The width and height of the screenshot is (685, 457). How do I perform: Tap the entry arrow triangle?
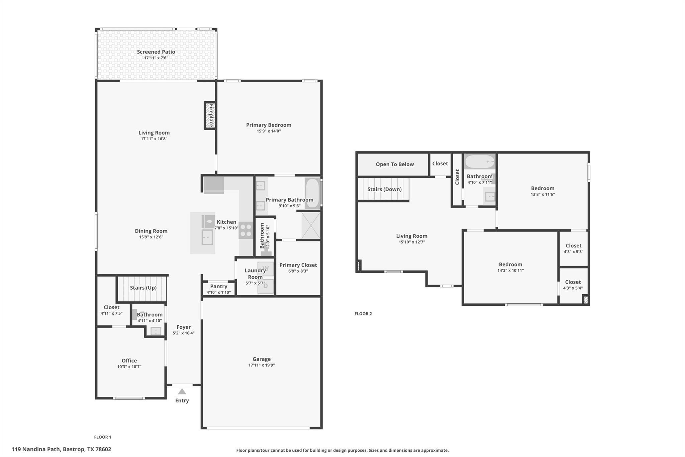point(182,391)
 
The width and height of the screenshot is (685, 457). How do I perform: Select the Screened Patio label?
point(156,52)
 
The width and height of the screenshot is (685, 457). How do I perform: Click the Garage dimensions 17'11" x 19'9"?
point(262,365)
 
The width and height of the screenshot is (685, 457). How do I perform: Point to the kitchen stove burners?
point(246,230)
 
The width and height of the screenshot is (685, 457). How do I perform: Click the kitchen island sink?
point(207,237)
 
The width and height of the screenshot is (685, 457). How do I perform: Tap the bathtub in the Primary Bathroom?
point(312,193)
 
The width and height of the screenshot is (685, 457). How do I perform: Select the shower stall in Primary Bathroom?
point(311,225)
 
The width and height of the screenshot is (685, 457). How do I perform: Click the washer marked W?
point(266,269)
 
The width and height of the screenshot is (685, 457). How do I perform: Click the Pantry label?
point(219,287)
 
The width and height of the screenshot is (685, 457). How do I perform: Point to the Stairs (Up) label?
point(143,288)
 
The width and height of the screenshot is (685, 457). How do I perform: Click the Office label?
point(129,361)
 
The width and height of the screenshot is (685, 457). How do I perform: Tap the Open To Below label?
point(395,164)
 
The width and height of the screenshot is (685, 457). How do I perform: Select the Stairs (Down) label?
point(384,189)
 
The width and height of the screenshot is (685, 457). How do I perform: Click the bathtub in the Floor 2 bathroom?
point(479,162)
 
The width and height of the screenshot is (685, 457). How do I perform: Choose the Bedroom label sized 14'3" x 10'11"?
point(510,264)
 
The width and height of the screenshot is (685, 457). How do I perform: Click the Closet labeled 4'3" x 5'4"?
point(573,282)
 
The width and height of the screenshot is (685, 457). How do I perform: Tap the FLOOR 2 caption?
point(363,314)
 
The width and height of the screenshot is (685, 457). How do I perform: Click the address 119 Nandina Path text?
point(61,449)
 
